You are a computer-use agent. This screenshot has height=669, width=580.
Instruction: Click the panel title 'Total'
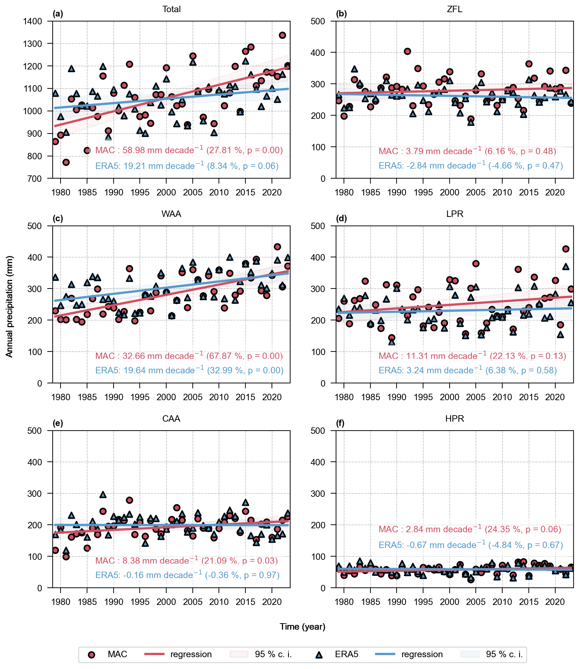coord(171,9)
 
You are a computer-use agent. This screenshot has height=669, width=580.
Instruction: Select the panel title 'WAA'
coord(171,214)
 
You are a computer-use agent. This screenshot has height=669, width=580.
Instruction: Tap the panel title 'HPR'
coord(455,419)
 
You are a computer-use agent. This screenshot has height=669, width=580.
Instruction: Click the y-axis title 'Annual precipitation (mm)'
coord(9,306)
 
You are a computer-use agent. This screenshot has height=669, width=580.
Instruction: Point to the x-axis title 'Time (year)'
coord(302,627)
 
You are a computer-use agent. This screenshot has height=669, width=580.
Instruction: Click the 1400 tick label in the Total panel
coord(33,21)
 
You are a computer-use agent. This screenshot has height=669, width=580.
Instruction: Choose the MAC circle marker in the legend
coord(92,655)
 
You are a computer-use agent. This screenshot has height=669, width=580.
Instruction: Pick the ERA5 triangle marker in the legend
coord(318,655)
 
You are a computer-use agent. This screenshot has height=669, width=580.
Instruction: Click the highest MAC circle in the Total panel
coord(282,35)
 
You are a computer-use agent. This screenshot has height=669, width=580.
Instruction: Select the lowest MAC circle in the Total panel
coord(66,162)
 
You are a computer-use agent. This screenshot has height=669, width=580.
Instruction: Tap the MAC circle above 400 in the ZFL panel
coord(407,51)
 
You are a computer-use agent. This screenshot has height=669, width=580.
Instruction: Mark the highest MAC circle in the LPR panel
coord(566,249)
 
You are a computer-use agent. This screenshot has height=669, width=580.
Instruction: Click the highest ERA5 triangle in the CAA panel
coord(103,495)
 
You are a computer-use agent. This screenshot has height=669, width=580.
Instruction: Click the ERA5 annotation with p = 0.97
coord(187,575)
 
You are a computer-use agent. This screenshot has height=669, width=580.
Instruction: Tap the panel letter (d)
coord(341,219)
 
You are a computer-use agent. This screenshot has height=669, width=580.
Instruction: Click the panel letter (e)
coord(58,423)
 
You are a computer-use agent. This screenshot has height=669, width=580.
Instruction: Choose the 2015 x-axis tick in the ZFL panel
coord(529,193)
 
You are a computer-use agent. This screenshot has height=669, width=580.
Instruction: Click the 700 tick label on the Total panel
coord(35,179)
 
